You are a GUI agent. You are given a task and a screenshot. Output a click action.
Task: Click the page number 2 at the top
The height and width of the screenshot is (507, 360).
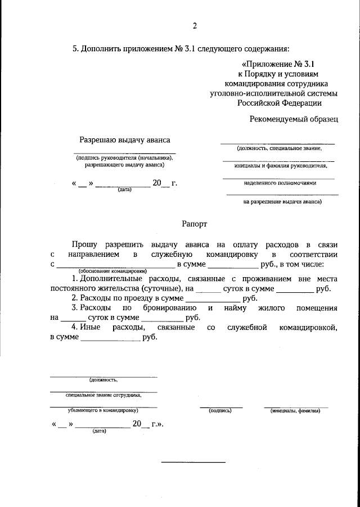195,26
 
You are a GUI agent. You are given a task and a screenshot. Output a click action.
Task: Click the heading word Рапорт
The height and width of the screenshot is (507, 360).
195,224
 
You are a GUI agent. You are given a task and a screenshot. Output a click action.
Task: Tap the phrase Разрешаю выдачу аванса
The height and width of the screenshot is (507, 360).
124,139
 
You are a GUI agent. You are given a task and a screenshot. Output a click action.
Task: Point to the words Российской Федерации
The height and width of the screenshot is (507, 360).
279,103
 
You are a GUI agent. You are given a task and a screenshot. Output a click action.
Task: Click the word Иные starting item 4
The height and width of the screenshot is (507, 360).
91,328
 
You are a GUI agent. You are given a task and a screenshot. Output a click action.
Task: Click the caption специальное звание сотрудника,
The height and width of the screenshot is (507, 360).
103,395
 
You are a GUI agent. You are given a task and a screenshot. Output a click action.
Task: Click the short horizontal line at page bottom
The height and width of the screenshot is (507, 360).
193,462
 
